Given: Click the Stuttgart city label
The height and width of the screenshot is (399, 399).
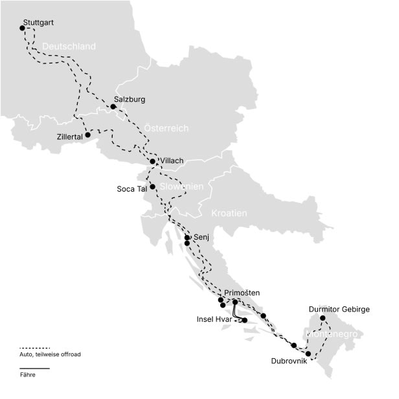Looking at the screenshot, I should [x=38, y=23].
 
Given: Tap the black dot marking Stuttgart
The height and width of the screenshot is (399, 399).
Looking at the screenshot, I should [x=22, y=28].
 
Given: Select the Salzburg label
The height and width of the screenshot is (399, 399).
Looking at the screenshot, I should [x=129, y=100].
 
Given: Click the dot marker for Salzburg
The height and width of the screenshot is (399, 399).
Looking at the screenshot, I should [x=113, y=106].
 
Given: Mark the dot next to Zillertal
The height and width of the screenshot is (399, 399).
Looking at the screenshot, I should [x=87, y=135].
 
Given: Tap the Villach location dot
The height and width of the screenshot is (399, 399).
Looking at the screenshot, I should [x=152, y=161].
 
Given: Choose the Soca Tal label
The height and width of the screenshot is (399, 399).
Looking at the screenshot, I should [x=133, y=189].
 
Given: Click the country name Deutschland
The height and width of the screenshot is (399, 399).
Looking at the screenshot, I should [x=69, y=47].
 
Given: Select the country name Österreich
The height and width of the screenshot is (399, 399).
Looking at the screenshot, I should [x=166, y=128].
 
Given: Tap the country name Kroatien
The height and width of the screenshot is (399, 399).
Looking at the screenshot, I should [x=229, y=213].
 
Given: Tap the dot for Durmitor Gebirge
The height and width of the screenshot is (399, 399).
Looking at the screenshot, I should [x=323, y=318].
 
